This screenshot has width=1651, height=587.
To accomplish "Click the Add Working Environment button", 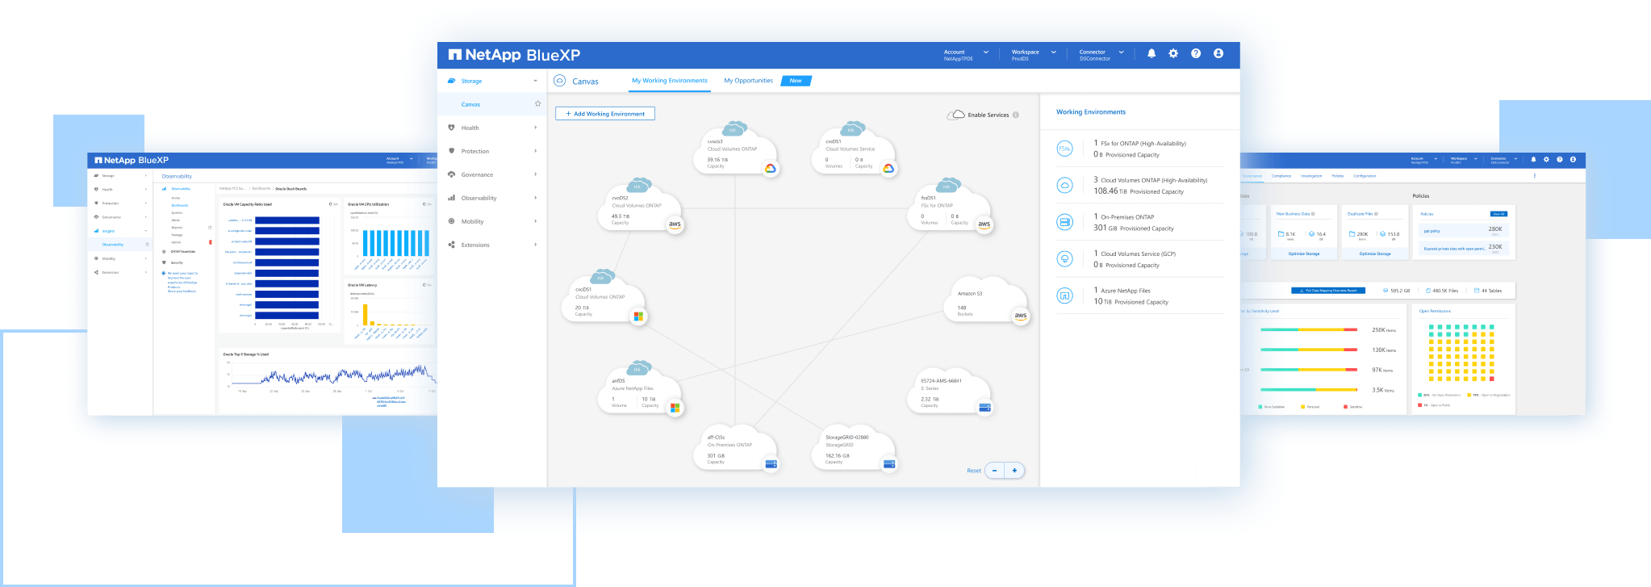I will click(x=605, y=114).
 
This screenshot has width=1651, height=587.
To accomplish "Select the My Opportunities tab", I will click(x=748, y=81).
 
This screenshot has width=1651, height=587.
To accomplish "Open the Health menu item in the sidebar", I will click(x=470, y=128).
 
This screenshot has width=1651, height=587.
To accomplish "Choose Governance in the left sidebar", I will click(x=477, y=174).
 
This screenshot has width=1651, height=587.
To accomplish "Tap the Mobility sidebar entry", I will click(x=473, y=221).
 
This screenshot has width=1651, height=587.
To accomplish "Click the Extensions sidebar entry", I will click(x=475, y=245).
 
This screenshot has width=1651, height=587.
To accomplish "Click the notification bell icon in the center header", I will click(x=1152, y=53).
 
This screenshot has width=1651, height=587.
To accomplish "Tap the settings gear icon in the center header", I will click(x=1173, y=53).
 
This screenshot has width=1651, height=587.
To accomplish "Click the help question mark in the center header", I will click(x=1196, y=53).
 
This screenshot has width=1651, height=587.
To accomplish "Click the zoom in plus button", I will click(x=1014, y=470).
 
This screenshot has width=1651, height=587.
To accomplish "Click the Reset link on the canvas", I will click(x=974, y=471).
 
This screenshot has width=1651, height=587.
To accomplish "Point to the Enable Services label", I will click(x=988, y=115).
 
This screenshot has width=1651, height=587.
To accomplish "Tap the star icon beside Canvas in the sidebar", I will click(x=537, y=103).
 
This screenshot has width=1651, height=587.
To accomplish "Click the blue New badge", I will click(x=796, y=81).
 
